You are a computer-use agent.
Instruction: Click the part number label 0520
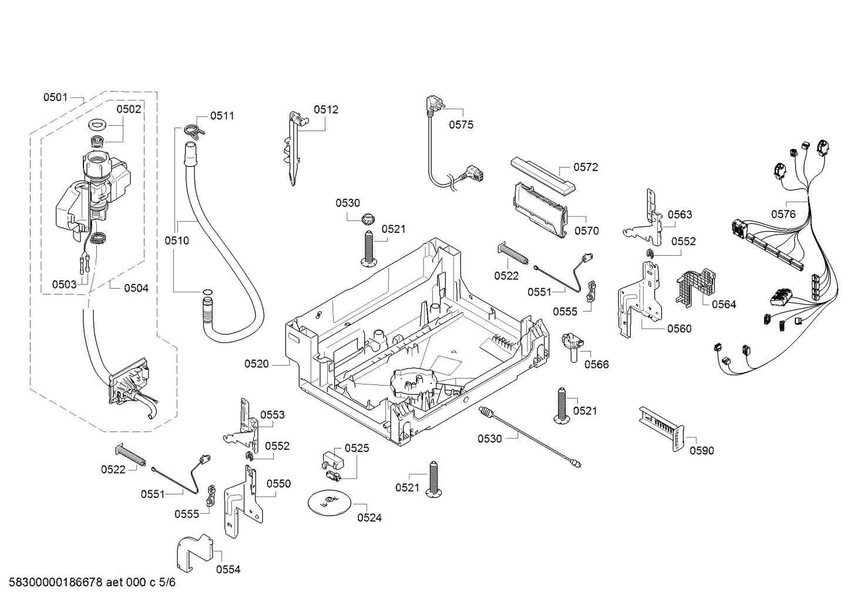256,364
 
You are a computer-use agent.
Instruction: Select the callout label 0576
784,214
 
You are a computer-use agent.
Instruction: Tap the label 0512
326,110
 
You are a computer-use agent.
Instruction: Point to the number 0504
136,289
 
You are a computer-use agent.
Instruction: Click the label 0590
702,451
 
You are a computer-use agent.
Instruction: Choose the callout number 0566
597,364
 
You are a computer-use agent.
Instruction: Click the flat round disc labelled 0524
330,503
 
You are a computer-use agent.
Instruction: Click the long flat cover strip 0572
543,177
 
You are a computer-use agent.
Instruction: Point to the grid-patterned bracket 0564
695,288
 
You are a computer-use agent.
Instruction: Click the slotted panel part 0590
661,429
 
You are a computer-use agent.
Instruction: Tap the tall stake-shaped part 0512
294,148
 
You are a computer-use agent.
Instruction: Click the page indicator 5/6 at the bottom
167,583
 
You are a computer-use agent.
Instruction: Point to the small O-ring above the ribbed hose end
207,292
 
